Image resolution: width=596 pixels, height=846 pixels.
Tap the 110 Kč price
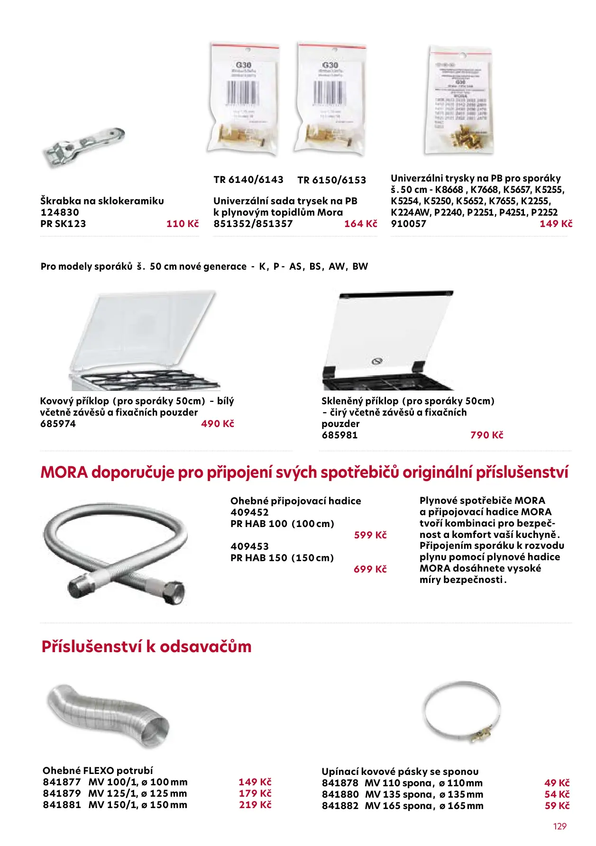tap(183, 224)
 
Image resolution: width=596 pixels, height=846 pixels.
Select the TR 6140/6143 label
tap(248, 180)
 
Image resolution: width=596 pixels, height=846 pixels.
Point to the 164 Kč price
tap(360, 224)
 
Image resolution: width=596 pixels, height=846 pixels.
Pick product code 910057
tap(408, 224)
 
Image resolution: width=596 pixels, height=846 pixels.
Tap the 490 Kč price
tap(218, 424)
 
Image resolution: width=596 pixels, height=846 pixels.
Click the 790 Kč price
tap(486, 435)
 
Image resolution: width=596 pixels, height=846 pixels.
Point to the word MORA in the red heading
tap(64, 473)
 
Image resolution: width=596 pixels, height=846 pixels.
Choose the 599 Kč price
tap(370, 535)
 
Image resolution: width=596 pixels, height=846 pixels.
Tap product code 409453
tap(249, 546)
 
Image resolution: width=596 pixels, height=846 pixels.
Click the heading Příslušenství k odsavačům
tap(147, 646)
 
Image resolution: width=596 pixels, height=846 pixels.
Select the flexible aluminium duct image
tap(108, 716)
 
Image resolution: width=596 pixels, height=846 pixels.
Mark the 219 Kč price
tap(255, 805)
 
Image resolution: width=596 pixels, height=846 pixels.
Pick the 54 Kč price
tap(557, 794)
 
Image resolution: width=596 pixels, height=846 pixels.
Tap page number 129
tap(560, 826)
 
